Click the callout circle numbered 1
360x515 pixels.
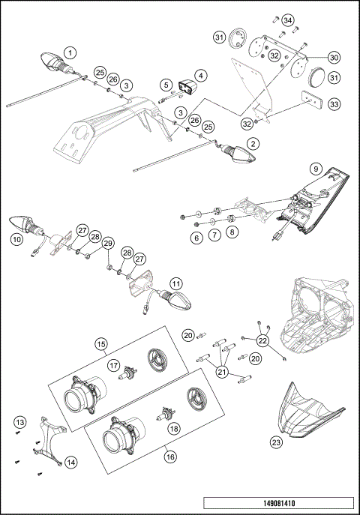point(69,52)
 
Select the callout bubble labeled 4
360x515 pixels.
point(200,75)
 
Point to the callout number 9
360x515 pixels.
point(316,169)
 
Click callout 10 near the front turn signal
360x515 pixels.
point(16,240)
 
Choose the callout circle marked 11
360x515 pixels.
point(175,284)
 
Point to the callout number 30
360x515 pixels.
point(334,58)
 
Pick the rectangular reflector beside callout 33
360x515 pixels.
point(307,98)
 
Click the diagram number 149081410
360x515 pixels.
point(277,503)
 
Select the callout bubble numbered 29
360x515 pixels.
point(108,243)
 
